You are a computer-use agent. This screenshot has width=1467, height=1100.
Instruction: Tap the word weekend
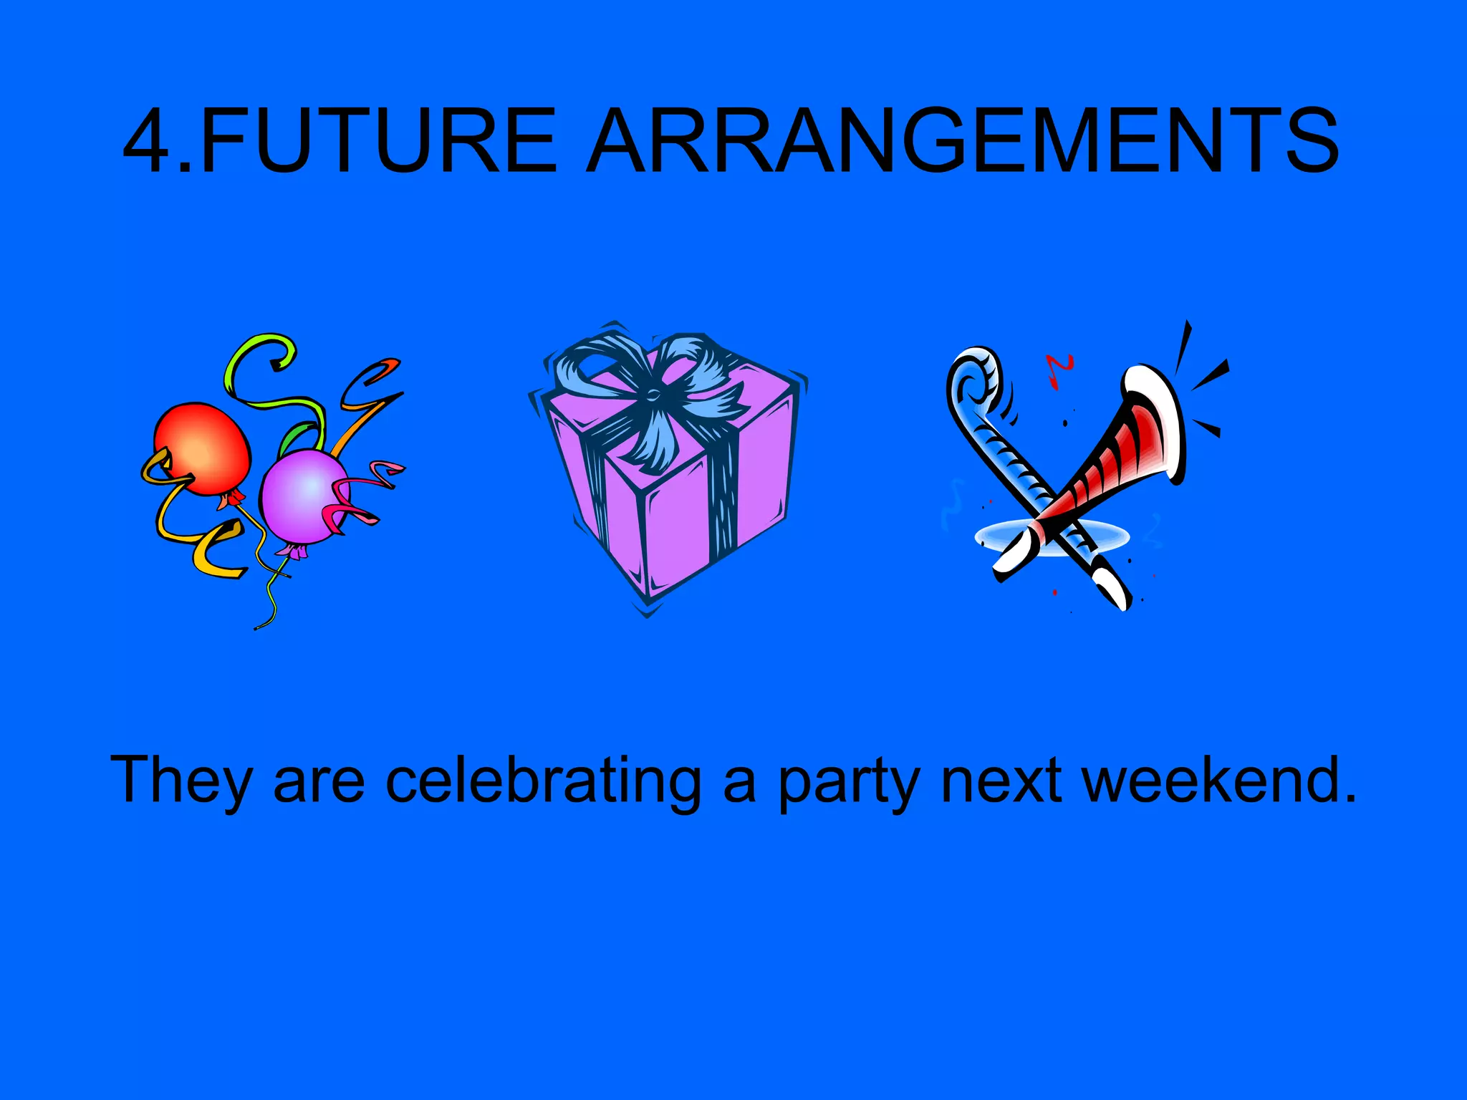click(1217, 781)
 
